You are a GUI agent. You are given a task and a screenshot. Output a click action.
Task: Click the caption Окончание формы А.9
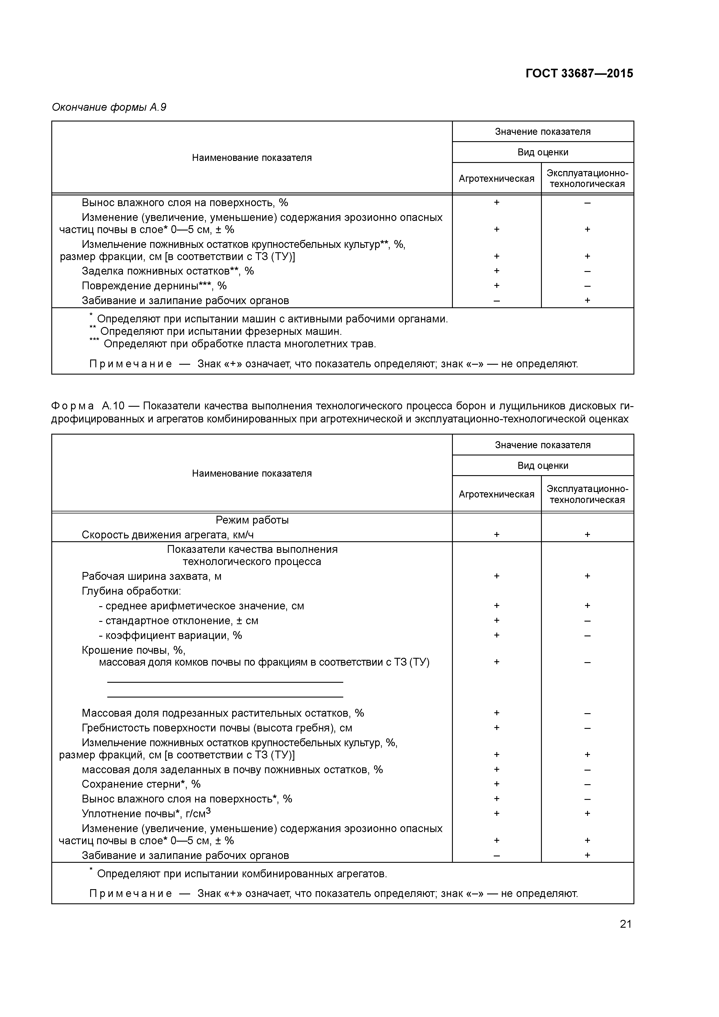109,107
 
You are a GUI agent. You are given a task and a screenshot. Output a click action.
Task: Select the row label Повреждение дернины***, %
154,286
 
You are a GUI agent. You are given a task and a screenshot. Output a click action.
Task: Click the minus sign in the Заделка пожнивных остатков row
587,271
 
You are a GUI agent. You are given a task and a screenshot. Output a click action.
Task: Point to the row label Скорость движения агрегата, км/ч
168,535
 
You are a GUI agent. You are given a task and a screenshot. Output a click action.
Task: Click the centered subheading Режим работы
252,520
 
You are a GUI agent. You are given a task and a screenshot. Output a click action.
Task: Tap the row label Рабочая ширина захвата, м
152,576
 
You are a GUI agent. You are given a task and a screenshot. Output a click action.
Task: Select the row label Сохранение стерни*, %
141,784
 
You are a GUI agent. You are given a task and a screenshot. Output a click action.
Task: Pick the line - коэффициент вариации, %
170,635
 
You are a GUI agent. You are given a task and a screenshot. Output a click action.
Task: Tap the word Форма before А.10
73,406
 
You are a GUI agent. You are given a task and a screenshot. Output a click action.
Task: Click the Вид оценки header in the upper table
543,152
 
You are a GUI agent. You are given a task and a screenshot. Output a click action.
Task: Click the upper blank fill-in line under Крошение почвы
225,682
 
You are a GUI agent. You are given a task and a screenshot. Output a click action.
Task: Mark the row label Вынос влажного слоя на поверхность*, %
186,799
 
